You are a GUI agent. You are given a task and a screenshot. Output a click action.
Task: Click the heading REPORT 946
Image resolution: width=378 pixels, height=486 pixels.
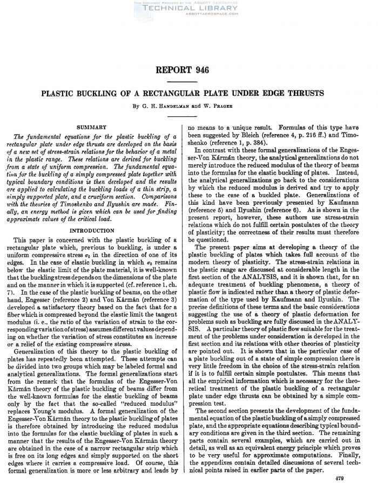(x=189, y=71)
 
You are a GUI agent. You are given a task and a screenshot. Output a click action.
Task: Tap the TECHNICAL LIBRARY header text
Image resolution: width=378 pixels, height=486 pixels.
(x=188, y=10)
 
